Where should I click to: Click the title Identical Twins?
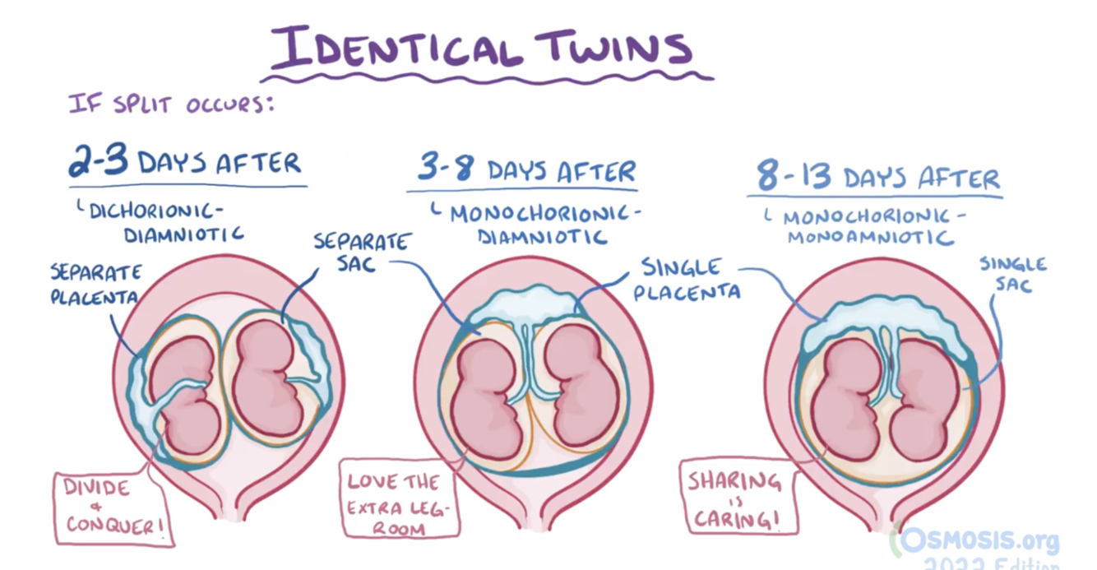point(482,48)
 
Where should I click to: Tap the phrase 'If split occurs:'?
point(170,104)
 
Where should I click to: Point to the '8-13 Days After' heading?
point(877,176)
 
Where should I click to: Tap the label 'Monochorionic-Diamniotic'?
point(539,225)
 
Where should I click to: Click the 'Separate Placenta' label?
point(95,284)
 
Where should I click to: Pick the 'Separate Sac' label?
point(362,253)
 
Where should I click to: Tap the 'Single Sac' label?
point(1012,276)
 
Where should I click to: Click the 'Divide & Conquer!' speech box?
point(113,507)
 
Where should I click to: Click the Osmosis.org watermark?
point(979,540)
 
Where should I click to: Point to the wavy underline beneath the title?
point(485,78)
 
